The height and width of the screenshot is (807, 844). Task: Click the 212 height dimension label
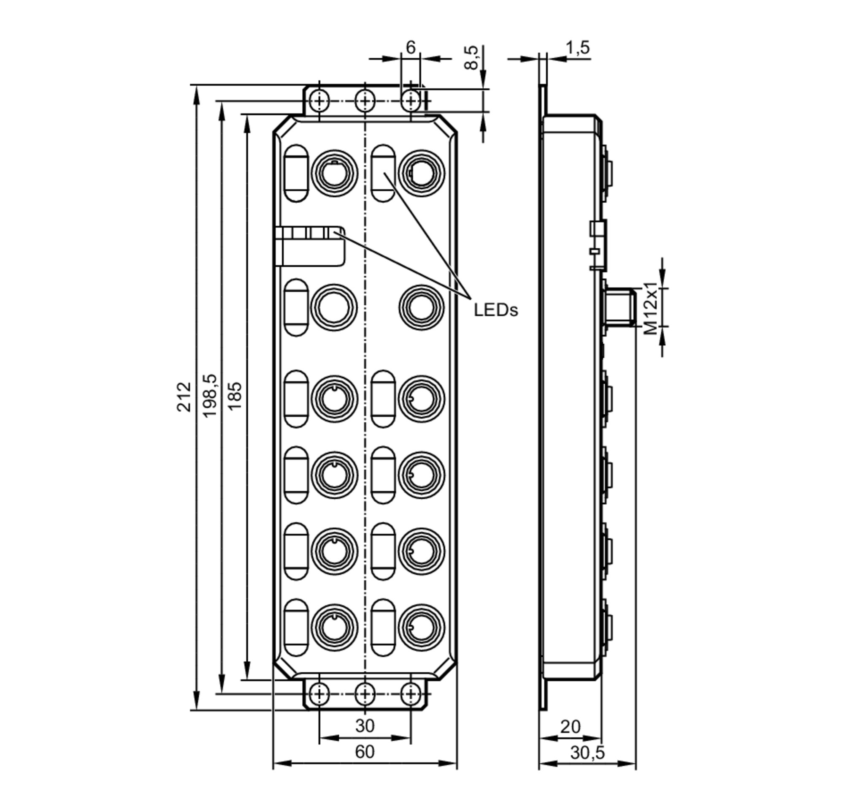[184, 396]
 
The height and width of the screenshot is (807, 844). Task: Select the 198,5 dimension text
[210, 395]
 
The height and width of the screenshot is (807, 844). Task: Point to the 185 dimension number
[235, 396]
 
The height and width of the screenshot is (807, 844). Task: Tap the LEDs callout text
[496, 310]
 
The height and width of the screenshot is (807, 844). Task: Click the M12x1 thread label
[651, 308]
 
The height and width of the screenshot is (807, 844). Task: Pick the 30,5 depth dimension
[587, 753]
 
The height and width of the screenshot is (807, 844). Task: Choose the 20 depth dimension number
[571, 727]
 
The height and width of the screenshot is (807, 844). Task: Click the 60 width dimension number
[365, 752]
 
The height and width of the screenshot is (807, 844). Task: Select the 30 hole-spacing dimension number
[365, 725]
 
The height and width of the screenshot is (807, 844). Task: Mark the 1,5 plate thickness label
[578, 48]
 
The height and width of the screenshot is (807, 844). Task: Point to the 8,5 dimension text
[472, 57]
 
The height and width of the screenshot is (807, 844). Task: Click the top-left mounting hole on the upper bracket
[319, 101]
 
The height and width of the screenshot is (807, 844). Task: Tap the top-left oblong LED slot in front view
[296, 173]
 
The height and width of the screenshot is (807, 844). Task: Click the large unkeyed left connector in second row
[334, 307]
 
